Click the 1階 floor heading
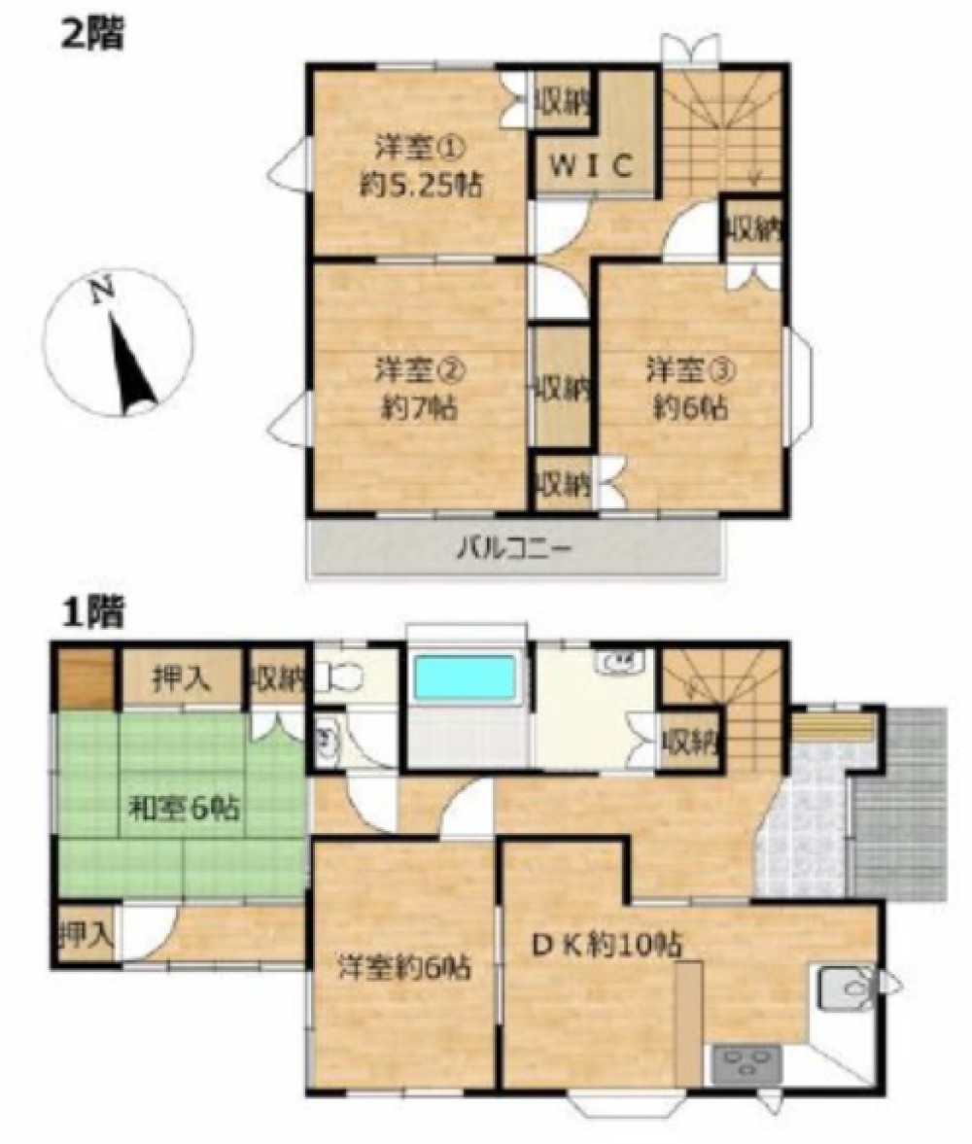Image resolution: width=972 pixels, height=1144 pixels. [x=92, y=612]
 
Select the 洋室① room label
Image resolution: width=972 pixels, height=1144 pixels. [x=420, y=149]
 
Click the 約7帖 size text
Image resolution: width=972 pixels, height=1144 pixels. [x=420, y=408]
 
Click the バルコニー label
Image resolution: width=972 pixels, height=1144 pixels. [x=515, y=547]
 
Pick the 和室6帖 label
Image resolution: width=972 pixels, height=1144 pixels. [x=184, y=808]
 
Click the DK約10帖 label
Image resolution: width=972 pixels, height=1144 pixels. [x=607, y=946]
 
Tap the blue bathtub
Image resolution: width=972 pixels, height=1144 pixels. [x=465, y=677]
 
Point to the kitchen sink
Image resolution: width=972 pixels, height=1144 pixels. [x=844, y=988]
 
